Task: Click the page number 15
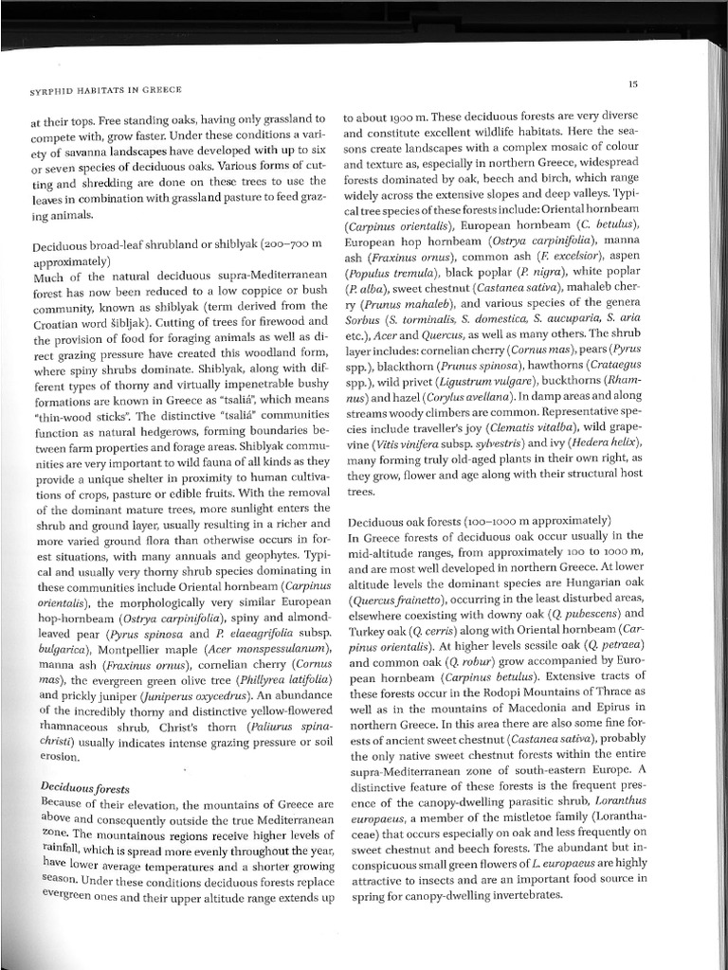point(632,84)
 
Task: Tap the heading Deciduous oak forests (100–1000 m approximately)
point(471,522)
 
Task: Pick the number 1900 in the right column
point(399,118)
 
